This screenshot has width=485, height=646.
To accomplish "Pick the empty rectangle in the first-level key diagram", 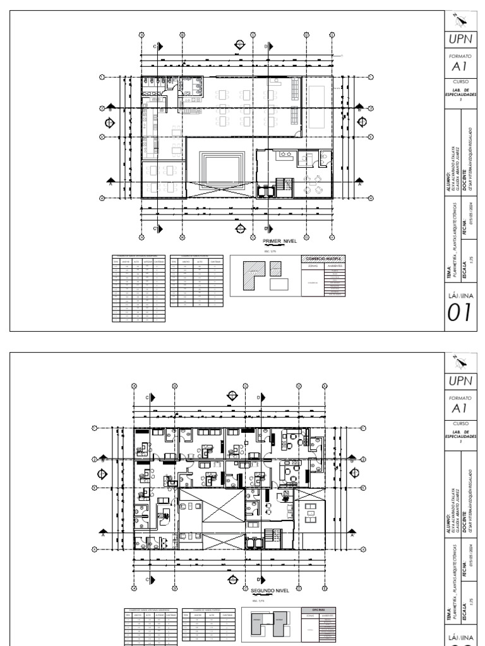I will (x=278, y=285).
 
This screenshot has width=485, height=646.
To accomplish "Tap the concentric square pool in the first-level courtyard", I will (x=220, y=167).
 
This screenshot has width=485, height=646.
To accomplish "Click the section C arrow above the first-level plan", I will (x=160, y=46).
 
